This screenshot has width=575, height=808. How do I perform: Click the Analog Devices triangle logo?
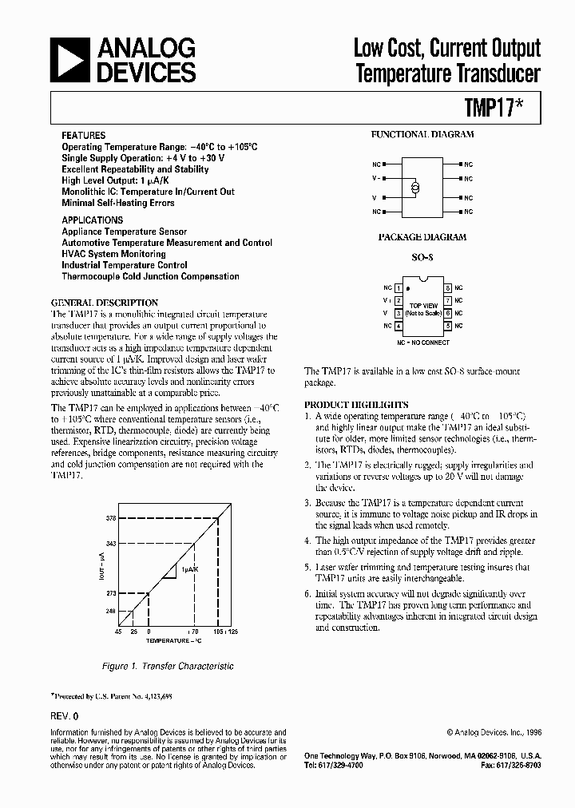point(70,61)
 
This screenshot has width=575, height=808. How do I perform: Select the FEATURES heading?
point(84,136)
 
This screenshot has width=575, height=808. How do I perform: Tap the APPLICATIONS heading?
point(93,220)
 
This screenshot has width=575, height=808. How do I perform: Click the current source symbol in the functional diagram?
point(414,188)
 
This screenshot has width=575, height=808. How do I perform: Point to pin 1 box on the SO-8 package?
point(398,287)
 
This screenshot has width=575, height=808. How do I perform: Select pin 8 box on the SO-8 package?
point(449,287)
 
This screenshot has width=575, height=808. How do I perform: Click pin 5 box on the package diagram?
point(449,326)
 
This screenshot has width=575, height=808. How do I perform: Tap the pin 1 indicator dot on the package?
point(408,287)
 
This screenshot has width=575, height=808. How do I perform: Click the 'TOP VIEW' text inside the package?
point(423,305)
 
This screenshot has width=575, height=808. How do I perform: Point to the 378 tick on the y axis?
point(111,518)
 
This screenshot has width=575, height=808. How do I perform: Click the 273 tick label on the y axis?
point(111,593)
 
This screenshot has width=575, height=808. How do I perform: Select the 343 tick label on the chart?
point(111,545)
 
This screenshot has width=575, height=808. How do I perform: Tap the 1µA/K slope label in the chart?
point(188,569)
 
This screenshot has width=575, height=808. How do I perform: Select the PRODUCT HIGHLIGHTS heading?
point(356,405)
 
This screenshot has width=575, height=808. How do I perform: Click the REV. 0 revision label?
point(65,717)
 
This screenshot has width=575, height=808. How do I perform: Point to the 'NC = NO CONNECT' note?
point(423,342)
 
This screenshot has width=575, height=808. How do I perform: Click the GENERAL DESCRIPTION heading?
point(105,303)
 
